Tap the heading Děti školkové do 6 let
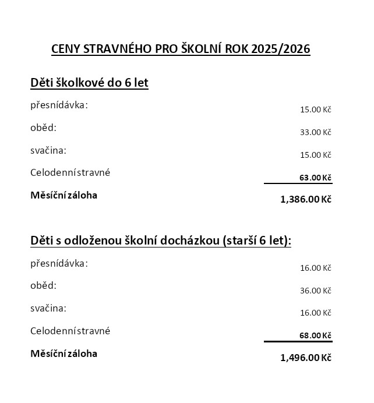[89, 83]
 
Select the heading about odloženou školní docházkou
[161, 241]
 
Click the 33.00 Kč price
[315, 132]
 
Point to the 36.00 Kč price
[315, 291]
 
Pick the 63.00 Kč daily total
[315, 178]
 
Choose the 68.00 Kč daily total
[315, 335]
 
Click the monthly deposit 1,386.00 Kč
[306, 199]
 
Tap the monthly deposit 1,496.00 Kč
[306, 358]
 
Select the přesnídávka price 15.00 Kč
[315, 109]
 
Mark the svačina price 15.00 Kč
[315, 155]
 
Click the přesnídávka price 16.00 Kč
[315, 268]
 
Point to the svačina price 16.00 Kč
[315, 313]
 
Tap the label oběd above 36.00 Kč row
[44, 285]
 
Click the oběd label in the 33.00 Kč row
[44, 128]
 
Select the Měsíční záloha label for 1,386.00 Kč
[63, 195]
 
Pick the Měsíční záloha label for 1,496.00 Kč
[63, 353]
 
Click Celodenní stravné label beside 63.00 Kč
[70, 172]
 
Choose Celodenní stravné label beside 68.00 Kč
[70, 331]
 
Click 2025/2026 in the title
[281, 48]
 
